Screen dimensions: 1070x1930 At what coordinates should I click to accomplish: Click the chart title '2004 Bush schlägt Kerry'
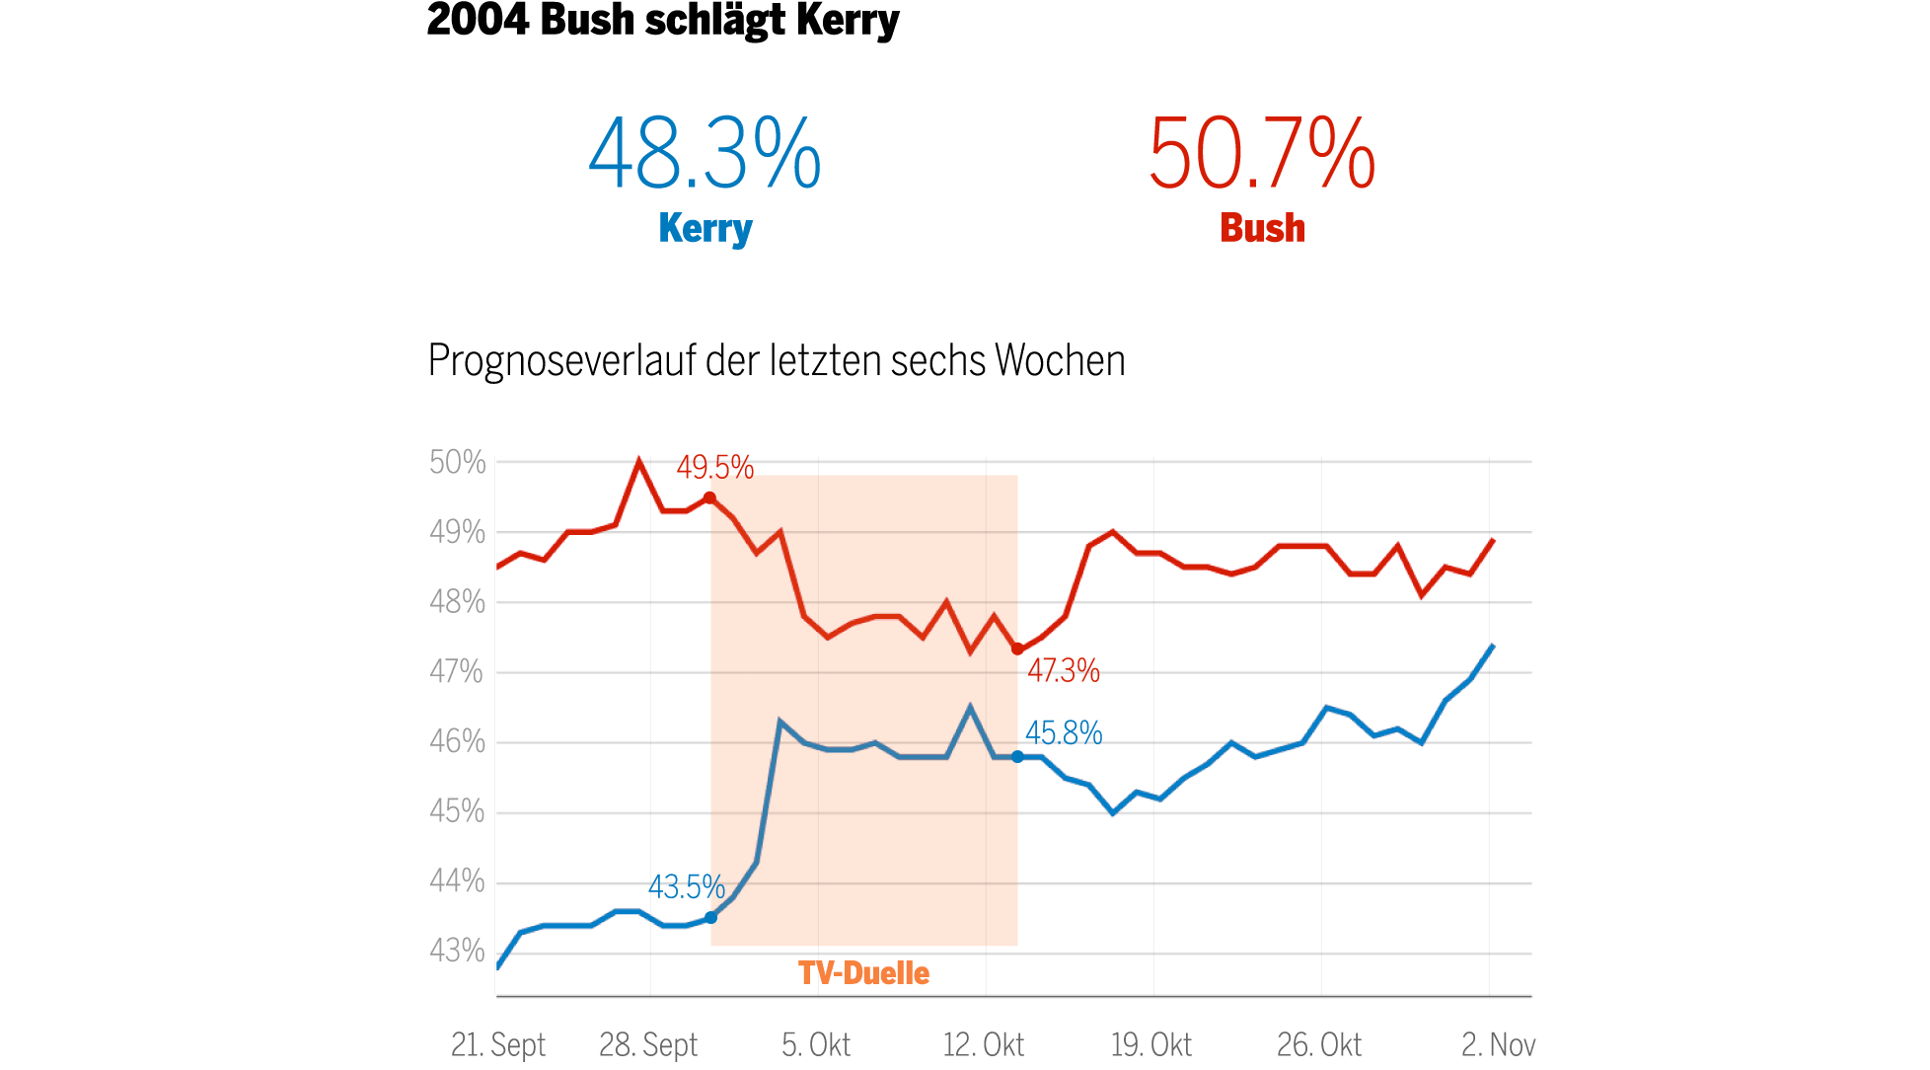(x=662, y=21)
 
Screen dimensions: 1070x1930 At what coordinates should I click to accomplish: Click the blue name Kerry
(x=705, y=228)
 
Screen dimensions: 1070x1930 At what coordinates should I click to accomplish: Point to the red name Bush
(x=1262, y=228)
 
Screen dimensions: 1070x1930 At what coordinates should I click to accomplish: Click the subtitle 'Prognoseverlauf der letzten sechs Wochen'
(x=777, y=360)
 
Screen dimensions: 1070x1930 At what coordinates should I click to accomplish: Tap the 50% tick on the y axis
(x=458, y=462)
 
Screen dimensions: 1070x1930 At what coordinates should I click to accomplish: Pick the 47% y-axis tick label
(x=457, y=672)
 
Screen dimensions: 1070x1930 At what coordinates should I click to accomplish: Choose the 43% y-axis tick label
(x=457, y=951)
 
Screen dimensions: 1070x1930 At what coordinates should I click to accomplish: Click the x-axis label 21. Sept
(x=498, y=1044)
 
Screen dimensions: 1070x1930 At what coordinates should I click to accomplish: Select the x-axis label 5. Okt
(x=816, y=1044)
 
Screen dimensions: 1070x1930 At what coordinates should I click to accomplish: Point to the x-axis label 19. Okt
(x=1151, y=1044)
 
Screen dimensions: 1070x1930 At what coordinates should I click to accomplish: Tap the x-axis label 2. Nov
(x=1498, y=1044)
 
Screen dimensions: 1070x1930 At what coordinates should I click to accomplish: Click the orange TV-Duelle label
(x=863, y=973)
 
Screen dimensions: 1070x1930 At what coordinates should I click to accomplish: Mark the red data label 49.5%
(x=714, y=468)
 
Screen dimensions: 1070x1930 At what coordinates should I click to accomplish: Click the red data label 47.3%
(x=1063, y=671)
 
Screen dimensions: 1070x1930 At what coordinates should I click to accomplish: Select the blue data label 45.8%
(x=1064, y=733)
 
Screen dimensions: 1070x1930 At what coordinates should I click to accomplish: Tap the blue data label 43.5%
(x=686, y=887)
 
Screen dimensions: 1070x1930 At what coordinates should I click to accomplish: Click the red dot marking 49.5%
(x=709, y=498)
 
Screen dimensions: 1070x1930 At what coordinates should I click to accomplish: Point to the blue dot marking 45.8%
(x=1017, y=757)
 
